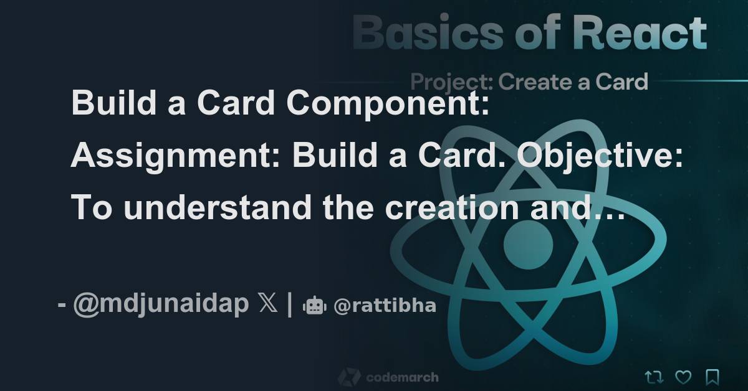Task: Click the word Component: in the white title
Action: [387, 103]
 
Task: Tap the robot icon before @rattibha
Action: [314, 306]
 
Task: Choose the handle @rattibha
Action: [385, 306]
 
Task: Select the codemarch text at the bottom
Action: [402, 377]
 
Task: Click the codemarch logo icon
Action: [349, 377]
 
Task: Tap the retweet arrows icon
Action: [654, 377]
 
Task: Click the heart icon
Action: [684, 377]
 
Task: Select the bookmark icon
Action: [712, 377]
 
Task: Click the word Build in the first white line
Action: [105, 103]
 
